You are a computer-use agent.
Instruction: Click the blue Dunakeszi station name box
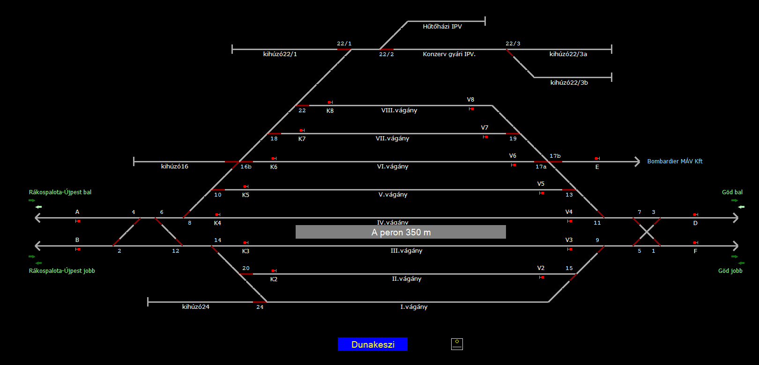point(372,344)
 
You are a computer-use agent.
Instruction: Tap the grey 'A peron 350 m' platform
point(401,232)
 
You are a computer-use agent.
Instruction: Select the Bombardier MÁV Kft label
point(675,161)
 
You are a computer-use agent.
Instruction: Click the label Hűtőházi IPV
point(442,27)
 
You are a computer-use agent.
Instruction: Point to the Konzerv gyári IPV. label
point(449,54)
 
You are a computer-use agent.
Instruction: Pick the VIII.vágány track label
point(399,110)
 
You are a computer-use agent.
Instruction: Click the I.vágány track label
point(414,307)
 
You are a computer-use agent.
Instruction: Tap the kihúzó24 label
point(196,307)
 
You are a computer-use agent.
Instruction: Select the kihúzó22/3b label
point(569,83)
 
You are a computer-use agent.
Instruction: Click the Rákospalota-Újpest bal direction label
point(60,192)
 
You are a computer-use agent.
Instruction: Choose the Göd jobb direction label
point(730,271)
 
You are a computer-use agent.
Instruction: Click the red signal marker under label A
point(79,221)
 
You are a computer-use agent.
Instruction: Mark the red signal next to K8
point(329,102)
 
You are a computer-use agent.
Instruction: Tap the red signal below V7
point(486,137)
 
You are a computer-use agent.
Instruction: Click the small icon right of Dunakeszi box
point(457,344)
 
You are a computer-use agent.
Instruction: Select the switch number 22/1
point(344,44)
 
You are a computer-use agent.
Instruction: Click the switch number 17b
point(555,156)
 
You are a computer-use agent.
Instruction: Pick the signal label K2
point(274,279)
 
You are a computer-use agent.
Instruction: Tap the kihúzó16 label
point(174,167)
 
